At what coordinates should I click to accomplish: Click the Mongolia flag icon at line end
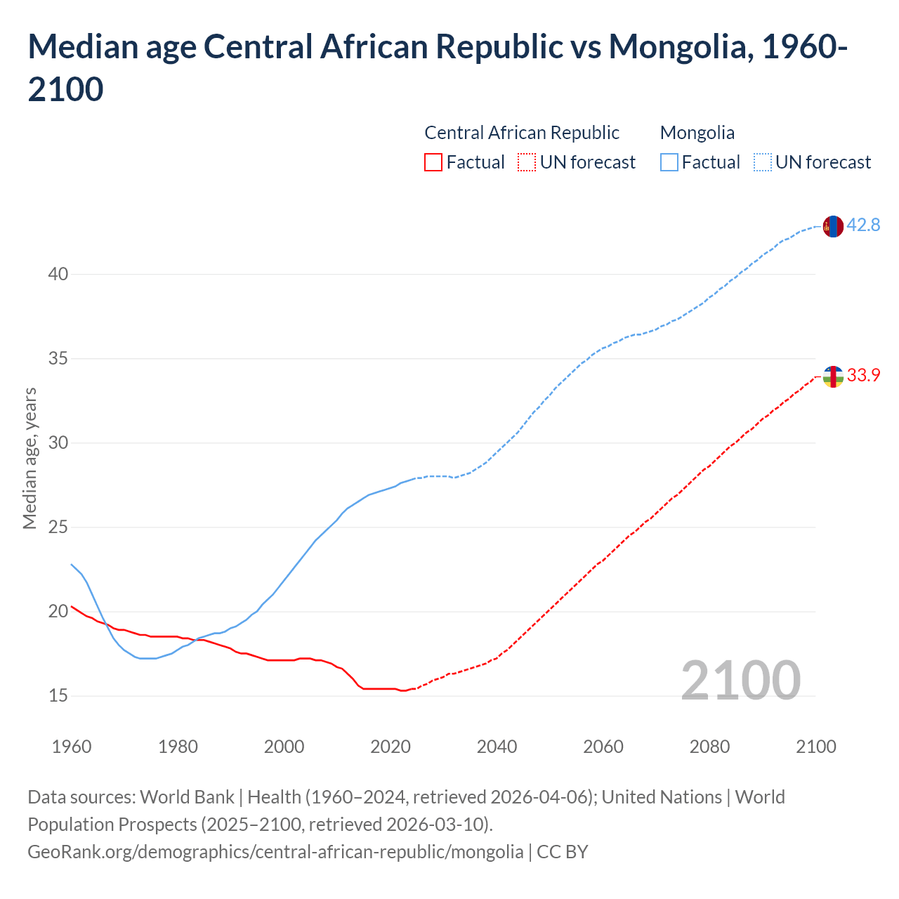(833, 226)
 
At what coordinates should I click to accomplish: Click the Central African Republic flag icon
(833, 376)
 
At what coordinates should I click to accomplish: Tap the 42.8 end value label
(863, 225)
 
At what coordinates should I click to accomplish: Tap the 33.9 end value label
(863, 376)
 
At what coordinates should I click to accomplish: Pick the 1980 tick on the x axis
(178, 747)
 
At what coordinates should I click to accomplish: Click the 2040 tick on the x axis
(497, 747)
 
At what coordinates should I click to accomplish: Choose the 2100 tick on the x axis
(815, 747)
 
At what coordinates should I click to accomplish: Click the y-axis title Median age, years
(29, 458)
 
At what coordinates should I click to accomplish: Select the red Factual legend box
(433, 162)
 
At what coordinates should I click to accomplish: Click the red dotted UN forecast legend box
(526, 162)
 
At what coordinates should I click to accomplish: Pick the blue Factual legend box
(669, 162)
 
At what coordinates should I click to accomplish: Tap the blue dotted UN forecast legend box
(762, 162)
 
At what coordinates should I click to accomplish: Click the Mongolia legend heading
(697, 133)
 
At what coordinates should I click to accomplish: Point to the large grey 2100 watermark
(740, 680)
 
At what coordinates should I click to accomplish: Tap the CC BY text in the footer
(562, 852)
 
